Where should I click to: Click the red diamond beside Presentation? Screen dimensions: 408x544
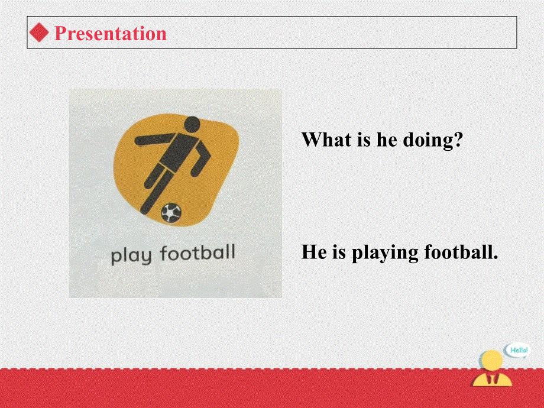tap(39, 33)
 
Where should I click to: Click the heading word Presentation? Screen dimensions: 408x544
tap(111, 33)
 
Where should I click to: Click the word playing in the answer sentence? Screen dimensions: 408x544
tap(386, 253)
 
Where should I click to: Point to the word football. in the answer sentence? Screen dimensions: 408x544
tap(461, 253)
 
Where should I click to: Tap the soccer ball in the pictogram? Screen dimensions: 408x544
tap(171, 212)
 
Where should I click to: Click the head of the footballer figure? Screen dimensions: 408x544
tap(192, 124)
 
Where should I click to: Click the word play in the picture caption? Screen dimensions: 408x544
tap(131, 255)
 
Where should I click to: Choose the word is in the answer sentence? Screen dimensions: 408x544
tap(339, 253)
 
